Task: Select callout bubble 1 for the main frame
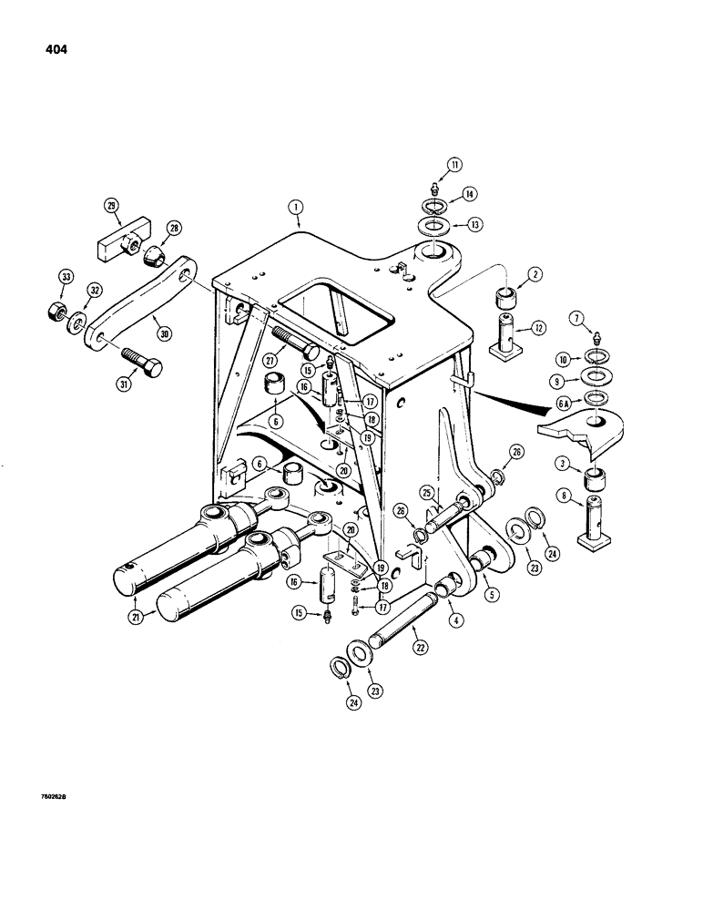point(296,207)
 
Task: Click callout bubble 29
point(112,207)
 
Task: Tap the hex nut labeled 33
point(54,310)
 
